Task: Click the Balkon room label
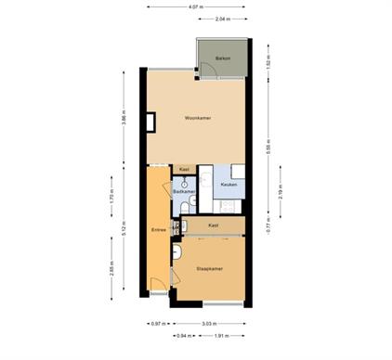222,58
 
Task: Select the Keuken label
229,185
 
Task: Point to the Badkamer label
184,192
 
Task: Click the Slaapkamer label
210,268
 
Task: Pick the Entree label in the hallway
158,229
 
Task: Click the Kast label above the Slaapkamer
213,225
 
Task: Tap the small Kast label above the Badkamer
184,169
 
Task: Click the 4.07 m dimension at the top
194,7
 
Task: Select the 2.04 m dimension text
222,19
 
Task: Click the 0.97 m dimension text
157,324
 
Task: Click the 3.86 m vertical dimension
123,119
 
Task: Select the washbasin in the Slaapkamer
176,251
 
